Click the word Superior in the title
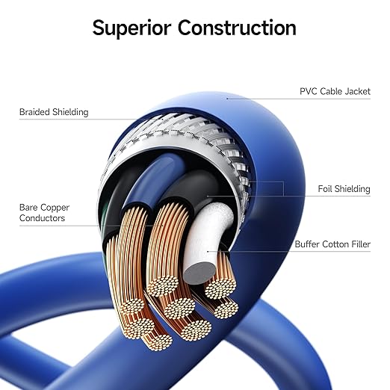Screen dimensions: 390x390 click(x=131, y=28)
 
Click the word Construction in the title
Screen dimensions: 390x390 click(x=237, y=28)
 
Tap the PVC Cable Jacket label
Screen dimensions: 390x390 click(x=335, y=91)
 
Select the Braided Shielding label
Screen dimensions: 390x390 click(x=54, y=112)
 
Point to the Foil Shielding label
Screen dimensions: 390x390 click(x=344, y=189)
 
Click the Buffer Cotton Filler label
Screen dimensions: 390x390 click(x=332, y=244)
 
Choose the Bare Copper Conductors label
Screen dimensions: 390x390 click(x=44, y=213)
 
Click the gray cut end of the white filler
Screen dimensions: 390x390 click(x=199, y=273)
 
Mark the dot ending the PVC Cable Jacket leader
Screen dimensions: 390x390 click(x=227, y=99)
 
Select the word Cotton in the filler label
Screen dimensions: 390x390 click(x=333, y=244)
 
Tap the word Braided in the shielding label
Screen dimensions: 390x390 click(x=34, y=112)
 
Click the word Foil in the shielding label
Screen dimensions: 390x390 click(x=325, y=189)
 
